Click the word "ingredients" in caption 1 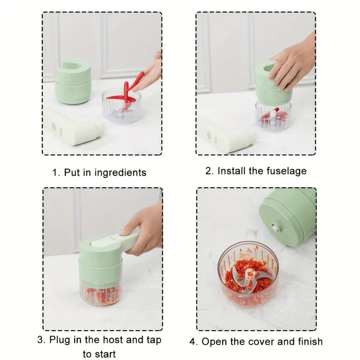[x=120, y=173]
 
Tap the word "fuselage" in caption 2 [x=287, y=171]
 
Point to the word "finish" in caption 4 [x=310, y=342]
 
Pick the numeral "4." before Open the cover [x=193, y=342]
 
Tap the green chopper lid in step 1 [x=72, y=82]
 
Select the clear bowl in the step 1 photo [x=121, y=106]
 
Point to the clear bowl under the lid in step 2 [x=273, y=116]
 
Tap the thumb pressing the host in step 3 [x=127, y=231]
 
